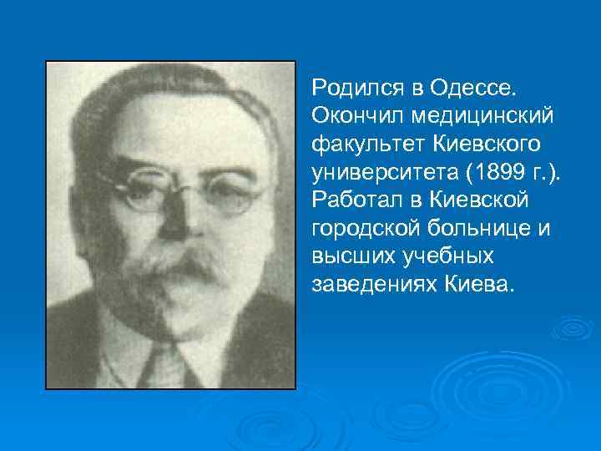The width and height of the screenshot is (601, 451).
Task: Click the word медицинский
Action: [x=482, y=113]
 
